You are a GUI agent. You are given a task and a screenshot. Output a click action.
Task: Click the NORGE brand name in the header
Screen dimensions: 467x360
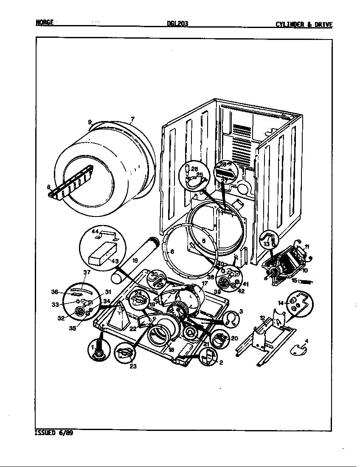coord(45,23)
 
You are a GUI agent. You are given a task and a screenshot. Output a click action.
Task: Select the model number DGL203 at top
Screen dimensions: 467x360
coord(177,24)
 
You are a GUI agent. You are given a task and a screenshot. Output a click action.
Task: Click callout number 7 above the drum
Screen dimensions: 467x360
coord(132,119)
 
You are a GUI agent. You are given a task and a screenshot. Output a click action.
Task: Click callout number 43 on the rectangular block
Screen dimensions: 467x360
coord(115,261)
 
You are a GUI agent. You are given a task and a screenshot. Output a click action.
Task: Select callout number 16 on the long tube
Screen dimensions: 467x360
coord(135,260)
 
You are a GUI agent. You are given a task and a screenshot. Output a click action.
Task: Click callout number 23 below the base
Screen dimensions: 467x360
coord(133,367)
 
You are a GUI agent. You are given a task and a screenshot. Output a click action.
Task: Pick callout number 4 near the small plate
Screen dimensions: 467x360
coord(307,341)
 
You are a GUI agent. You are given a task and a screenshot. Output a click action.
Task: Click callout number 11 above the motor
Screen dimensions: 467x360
coord(307,246)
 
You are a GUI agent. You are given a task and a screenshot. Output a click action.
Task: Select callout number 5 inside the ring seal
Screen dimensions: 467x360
coord(203,241)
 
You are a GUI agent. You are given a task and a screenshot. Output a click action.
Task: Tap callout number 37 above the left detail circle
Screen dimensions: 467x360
coord(87,272)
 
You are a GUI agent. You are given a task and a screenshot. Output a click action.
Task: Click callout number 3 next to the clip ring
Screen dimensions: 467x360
coord(241,312)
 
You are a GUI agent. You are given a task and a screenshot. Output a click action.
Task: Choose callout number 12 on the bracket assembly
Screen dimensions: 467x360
coord(262,318)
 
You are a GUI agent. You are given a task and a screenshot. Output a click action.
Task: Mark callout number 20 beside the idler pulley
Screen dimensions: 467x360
coord(234,338)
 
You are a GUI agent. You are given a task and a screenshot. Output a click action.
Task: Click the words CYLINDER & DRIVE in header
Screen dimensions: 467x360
coord(304,25)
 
